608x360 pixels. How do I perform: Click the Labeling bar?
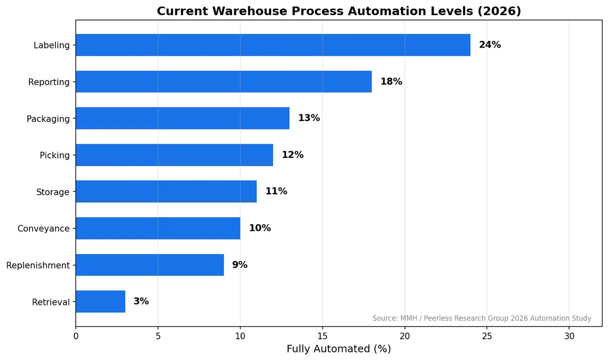pyautogui.click(x=273, y=45)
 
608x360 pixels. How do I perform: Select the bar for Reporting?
pyautogui.click(x=223, y=82)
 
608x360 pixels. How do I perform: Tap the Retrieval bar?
pyautogui.click(x=100, y=301)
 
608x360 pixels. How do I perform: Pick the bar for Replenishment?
pyautogui.click(x=149, y=265)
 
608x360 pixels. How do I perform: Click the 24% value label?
pyautogui.click(x=489, y=45)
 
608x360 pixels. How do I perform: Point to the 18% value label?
pyautogui.click(x=391, y=82)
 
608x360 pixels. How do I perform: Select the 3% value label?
pyautogui.click(x=141, y=301)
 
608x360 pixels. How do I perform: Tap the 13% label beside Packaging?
pyautogui.click(x=309, y=118)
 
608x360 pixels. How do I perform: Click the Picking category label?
pyautogui.click(x=55, y=155)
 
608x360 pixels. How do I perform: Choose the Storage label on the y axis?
pyautogui.click(x=53, y=192)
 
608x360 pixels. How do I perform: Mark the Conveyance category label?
pyautogui.click(x=44, y=229)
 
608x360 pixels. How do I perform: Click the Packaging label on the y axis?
pyautogui.click(x=48, y=119)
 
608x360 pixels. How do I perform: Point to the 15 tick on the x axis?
pyautogui.click(x=322, y=336)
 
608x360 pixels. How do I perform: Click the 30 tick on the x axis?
pyautogui.click(x=569, y=336)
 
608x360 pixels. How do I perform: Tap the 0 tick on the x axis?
pyautogui.click(x=76, y=336)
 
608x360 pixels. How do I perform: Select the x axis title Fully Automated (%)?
pyautogui.click(x=338, y=349)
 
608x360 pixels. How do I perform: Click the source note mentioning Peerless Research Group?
pyautogui.click(x=481, y=318)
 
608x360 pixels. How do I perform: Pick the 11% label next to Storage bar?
pyautogui.click(x=276, y=191)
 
